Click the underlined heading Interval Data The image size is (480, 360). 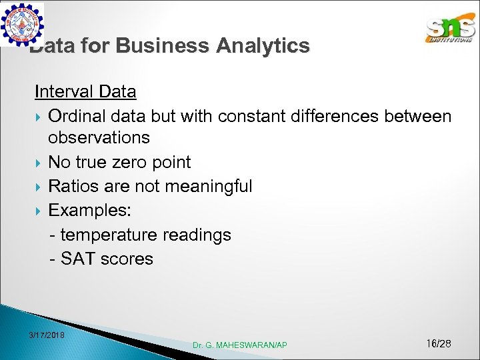(x=85, y=91)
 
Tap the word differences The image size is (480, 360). (x=335, y=116)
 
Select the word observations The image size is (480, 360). (x=99, y=138)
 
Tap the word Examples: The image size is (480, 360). (x=90, y=211)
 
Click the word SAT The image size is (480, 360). (x=78, y=259)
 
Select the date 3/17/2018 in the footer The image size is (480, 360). (x=47, y=335)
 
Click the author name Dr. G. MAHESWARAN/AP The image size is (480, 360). (x=240, y=345)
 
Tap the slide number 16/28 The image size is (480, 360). (x=438, y=343)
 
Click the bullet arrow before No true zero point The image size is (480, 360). (x=39, y=163)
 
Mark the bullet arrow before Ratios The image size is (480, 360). (x=39, y=187)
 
